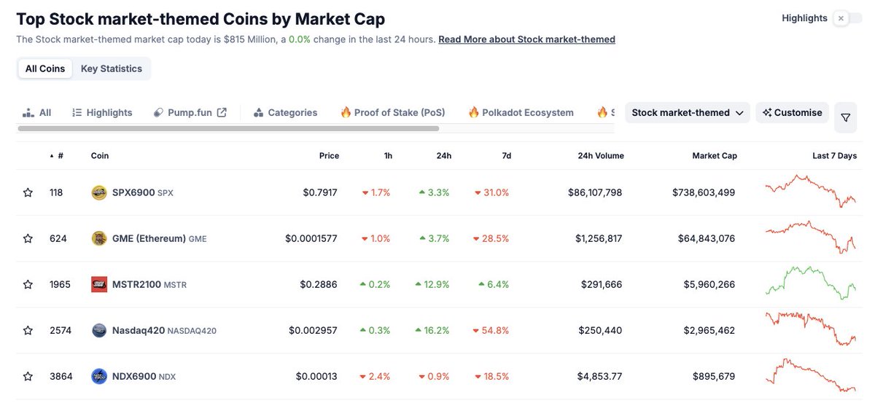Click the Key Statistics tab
tap(111, 69)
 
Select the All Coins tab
tap(45, 69)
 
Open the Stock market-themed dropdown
tap(687, 112)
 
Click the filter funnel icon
tap(845, 117)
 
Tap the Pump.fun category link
tap(190, 112)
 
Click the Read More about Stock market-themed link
tap(526, 39)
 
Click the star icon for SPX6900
tap(28, 192)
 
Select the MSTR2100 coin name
tap(136, 284)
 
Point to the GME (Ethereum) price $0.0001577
tap(311, 238)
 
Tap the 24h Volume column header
tap(600, 155)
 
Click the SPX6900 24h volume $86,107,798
tap(595, 192)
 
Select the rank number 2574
tap(61, 330)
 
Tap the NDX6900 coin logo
tap(99, 376)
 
